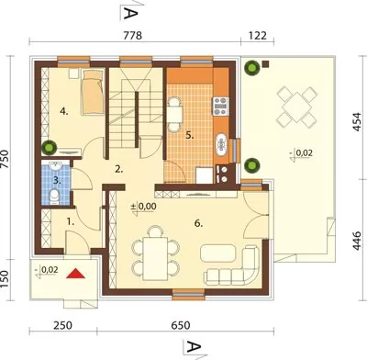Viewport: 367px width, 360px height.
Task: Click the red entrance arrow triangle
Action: [x=75, y=274]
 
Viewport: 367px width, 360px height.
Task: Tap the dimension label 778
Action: [x=133, y=36]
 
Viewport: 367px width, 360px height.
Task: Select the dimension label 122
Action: [x=258, y=36]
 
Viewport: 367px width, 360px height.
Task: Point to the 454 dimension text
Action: [x=357, y=122]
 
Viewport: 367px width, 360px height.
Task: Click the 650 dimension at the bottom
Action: [x=181, y=325]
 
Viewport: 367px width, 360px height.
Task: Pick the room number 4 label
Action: [x=64, y=112]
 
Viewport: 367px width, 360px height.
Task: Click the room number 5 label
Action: [x=190, y=135]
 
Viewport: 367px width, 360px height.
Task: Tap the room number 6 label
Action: [x=198, y=224]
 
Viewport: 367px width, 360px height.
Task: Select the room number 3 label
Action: [x=57, y=181]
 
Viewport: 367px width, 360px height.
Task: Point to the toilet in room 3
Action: [x=54, y=197]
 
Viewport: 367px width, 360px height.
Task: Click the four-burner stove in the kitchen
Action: [x=221, y=106]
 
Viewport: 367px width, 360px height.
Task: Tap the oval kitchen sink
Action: [x=220, y=145]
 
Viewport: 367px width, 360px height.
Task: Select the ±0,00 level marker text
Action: [x=144, y=207]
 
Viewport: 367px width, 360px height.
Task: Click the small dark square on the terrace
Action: [x=265, y=63]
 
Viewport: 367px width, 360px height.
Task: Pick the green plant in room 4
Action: [x=49, y=147]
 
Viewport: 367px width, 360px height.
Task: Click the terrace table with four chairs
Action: [x=296, y=107]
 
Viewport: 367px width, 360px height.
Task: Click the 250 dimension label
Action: [x=63, y=325]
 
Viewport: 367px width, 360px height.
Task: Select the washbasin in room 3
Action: [x=56, y=165]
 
